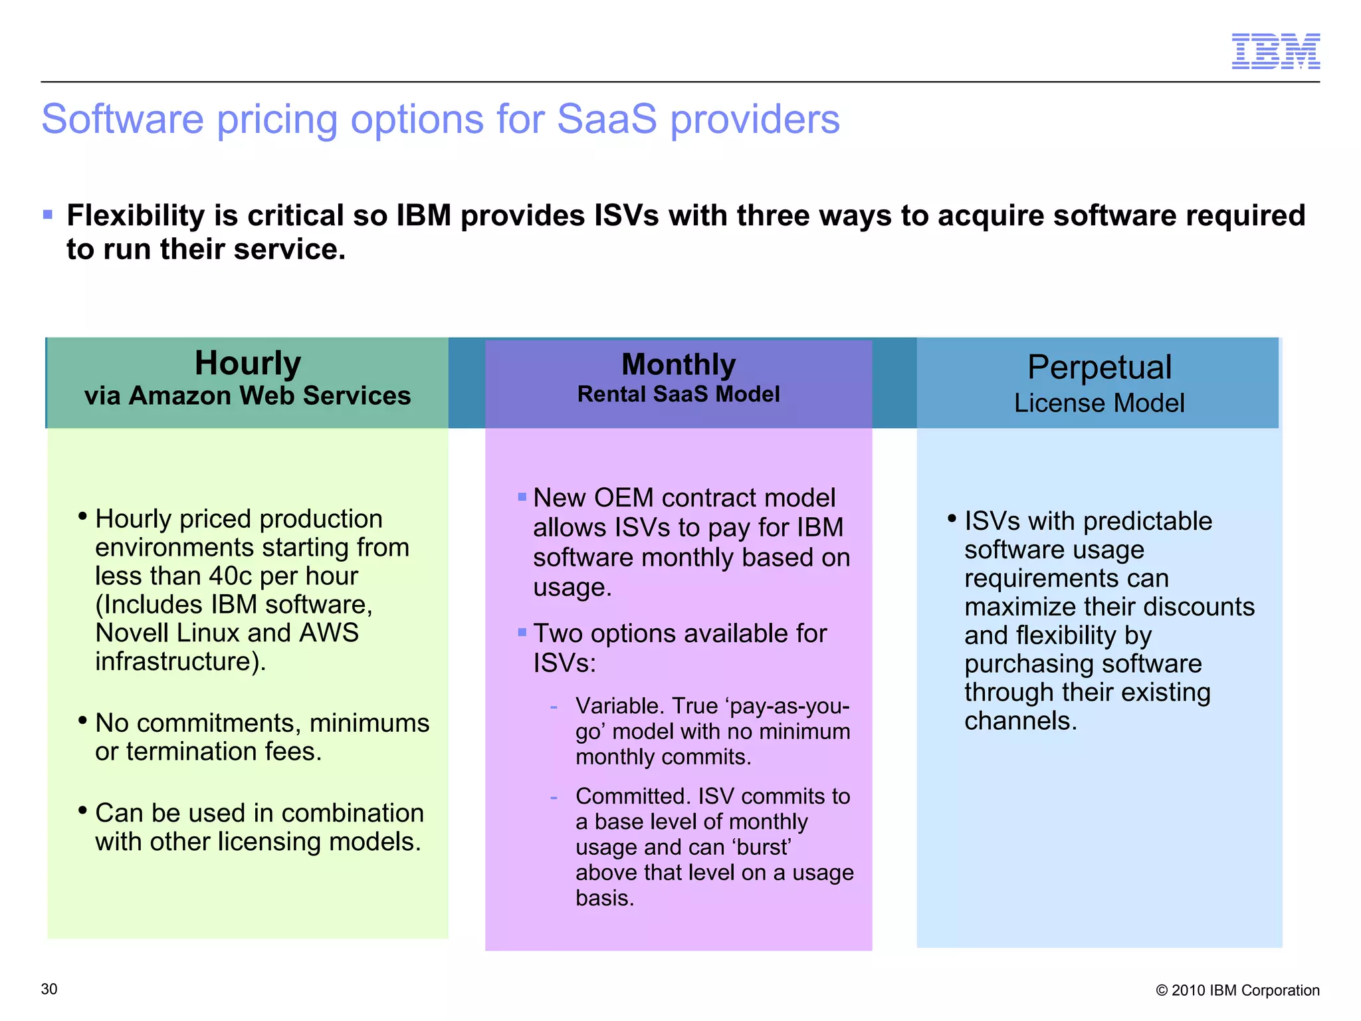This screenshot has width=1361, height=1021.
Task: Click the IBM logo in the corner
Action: [1275, 51]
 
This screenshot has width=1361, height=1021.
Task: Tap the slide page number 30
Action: [49, 989]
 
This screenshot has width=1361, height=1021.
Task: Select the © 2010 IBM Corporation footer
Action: [1237, 990]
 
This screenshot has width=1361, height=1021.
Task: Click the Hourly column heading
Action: [248, 364]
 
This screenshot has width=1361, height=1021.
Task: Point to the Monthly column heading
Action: [679, 365]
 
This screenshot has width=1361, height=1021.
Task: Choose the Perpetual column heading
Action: [1099, 368]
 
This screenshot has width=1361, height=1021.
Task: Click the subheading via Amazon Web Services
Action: [248, 396]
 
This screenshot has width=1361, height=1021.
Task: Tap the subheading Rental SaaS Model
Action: [679, 394]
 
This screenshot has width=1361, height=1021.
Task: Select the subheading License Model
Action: [1099, 403]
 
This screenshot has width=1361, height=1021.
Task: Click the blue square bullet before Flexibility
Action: [48, 215]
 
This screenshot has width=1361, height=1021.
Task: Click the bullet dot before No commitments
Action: [82, 721]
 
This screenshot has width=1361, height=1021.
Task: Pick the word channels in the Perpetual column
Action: [1019, 721]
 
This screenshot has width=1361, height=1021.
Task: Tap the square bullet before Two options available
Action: [522, 632]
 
